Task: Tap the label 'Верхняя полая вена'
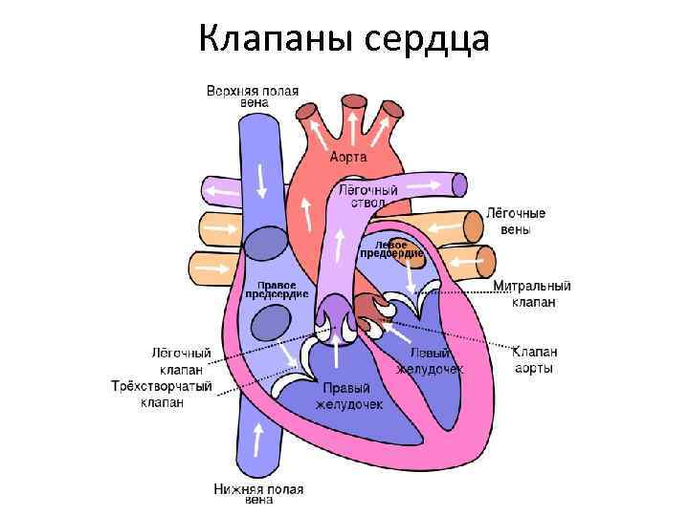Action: pyautogui.click(x=253, y=97)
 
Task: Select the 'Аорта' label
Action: pyautogui.click(x=348, y=157)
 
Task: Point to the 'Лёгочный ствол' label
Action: pyautogui.click(x=368, y=197)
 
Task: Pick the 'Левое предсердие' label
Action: pyautogui.click(x=391, y=248)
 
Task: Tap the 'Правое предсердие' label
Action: pyautogui.click(x=277, y=290)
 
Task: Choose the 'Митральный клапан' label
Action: pyautogui.click(x=532, y=293)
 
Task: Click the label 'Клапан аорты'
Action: pyautogui.click(x=534, y=359)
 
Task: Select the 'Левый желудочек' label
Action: pyautogui.click(x=430, y=361)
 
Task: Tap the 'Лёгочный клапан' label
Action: pyautogui.click(x=179, y=360)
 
